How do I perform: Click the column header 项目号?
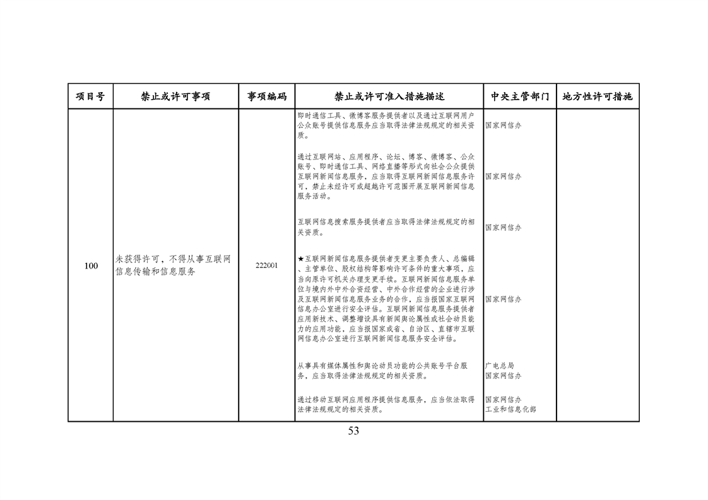pyautogui.click(x=90, y=96)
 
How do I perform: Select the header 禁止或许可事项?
pyautogui.click(x=175, y=96)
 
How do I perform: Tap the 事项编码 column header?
pyautogui.click(x=267, y=96)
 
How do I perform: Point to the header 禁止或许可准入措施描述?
pyautogui.click(x=389, y=96)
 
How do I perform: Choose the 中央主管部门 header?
pyautogui.click(x=520, y=96)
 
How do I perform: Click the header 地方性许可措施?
pyautogui.click(x=598, y=96)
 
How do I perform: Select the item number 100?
pyautogui.click(x=91, y=266)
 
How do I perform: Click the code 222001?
pyautogui.click(x=267, y=266)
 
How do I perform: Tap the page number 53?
pyautogui.click(x=353, y=431)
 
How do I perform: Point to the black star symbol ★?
pyautogui.click(x=301, y=259)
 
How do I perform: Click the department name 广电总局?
pyautogui.click(x=500, y=366)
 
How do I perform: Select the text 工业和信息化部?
pyautogui.click(x=510, y=409)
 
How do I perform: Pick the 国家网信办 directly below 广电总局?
pyautogui.click(x=504, y=375)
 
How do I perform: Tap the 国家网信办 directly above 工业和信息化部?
pyautogui.click(x=504, y=399)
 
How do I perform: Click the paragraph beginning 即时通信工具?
pyautogui.click(x=386, y=125)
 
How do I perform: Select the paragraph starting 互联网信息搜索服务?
pyautogui.click(x=386, y=227)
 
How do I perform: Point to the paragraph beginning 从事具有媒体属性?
pyautogui.click(x=382, y=371)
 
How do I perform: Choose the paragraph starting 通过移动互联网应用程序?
pyautogui.click(x=386, y=404)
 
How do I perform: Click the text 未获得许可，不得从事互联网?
pyautogui.click(x=173, y=259)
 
